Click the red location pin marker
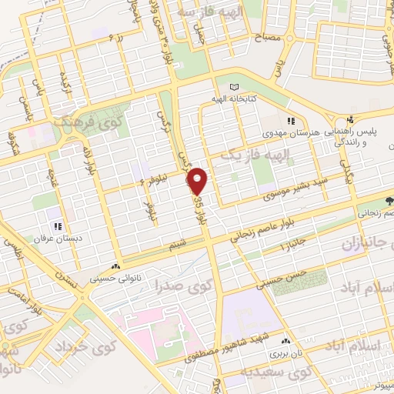[x=199, y=181]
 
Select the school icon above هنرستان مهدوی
[x=292, y=121]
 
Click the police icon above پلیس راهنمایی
[x=350, y=119]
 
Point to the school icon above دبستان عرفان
[x=57, y=226]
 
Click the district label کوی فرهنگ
[x=85, y=122]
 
